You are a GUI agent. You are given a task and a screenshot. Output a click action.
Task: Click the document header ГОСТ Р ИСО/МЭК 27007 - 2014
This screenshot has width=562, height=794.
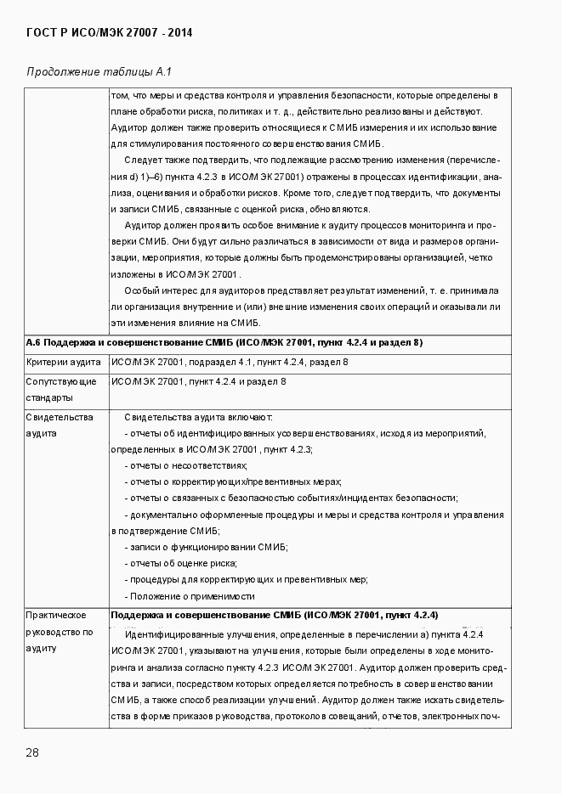[x=109, y=33]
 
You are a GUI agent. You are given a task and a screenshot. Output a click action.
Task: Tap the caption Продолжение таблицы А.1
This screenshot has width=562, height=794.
[x=99, y=71]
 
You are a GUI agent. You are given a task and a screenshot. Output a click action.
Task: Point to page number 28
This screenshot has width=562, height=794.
[x=32, y=752]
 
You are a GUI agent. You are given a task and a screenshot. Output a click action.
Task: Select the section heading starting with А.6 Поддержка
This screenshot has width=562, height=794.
[x=224, y=342]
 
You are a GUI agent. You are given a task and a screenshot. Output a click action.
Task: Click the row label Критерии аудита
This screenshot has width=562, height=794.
[x=62, y=363]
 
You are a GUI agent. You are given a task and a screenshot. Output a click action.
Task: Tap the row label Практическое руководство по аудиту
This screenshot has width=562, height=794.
[x=59, y=632]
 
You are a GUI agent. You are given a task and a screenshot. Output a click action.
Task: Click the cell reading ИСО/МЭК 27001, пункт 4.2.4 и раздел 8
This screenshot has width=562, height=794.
[x=198, y=381]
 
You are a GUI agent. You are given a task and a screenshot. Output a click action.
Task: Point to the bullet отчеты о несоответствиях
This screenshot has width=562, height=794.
[x=187, y=465]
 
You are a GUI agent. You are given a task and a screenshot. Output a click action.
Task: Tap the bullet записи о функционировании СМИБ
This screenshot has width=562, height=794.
[x=207, y=547]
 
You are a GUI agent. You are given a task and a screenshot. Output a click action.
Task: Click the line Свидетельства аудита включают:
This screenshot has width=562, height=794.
[x=198, y=417]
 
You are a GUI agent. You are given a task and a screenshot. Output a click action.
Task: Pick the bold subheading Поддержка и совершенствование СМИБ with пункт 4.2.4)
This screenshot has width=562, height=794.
[x=274, y=615]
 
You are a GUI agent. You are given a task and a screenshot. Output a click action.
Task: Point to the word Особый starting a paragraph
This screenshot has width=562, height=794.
[x=141, y=290]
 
